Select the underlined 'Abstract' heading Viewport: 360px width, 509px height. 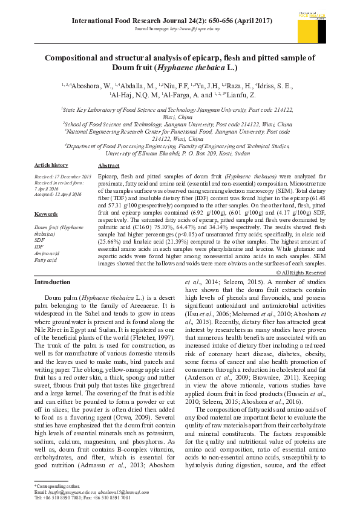point(108,165)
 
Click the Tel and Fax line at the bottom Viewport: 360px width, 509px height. point(82,498)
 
